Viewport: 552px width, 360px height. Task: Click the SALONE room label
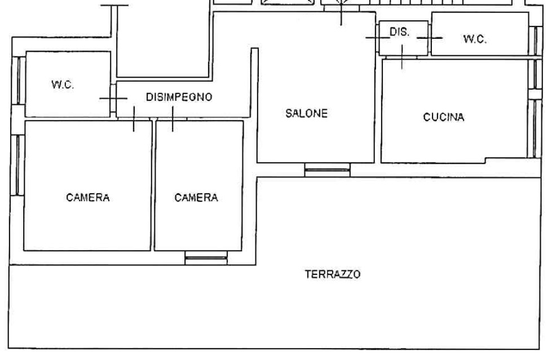point(306,113)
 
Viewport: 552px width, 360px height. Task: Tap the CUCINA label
point(444,117)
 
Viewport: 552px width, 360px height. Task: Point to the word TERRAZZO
point(332,274)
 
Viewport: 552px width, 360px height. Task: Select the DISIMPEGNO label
point(179,97)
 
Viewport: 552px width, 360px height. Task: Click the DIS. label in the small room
point(400,32)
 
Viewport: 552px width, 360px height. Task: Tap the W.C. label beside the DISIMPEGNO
point(63,85)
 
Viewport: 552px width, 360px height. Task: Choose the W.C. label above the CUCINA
point(475,39)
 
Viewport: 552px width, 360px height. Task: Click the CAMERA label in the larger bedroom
point(87,197)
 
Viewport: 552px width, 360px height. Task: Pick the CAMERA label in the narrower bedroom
point(196,197)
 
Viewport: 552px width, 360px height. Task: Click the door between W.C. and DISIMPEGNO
point(113,98)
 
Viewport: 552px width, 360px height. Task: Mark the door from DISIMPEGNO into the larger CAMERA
point(134,119)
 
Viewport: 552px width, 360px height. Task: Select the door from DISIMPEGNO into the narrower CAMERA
point(173,119)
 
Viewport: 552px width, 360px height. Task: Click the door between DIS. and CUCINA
point(401,57)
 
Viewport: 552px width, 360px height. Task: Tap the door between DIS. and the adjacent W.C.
point(430,38)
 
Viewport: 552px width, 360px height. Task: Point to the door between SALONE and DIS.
point(377,37)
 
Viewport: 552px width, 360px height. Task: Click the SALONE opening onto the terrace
point(328,170)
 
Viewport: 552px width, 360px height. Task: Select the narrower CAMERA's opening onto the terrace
point(206,258)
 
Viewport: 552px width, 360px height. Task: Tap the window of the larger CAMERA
point(17,165)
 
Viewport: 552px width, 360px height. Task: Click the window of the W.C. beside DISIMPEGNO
point(18,80)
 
